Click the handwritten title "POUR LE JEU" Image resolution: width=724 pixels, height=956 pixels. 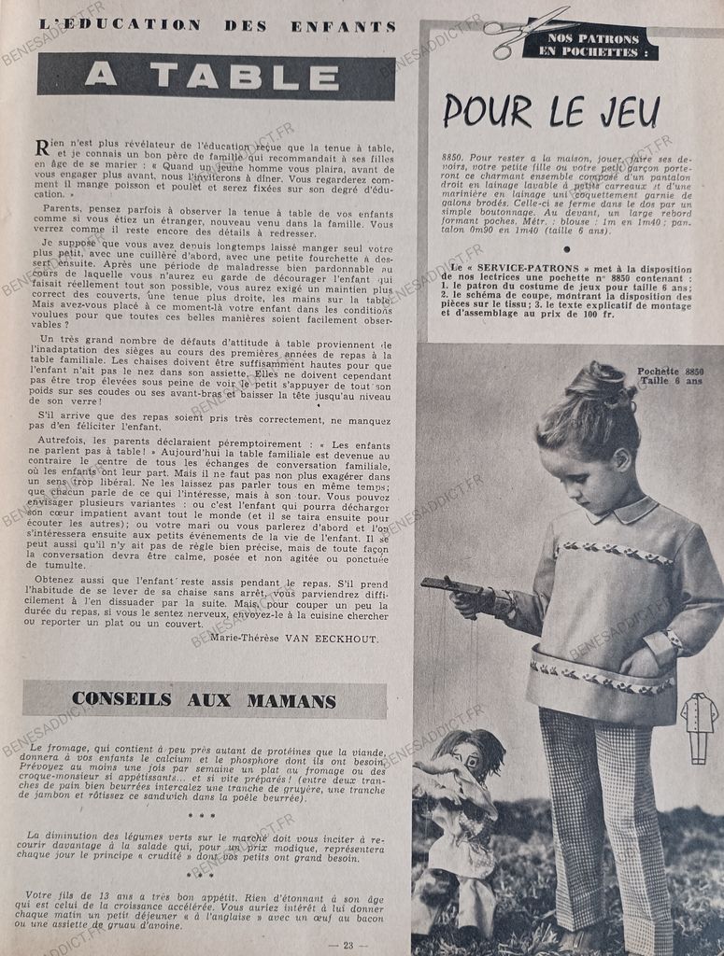coord(551,111)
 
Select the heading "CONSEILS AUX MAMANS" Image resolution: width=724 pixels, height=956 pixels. coord(204,699)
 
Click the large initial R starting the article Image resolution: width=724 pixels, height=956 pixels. coord(42,147)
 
